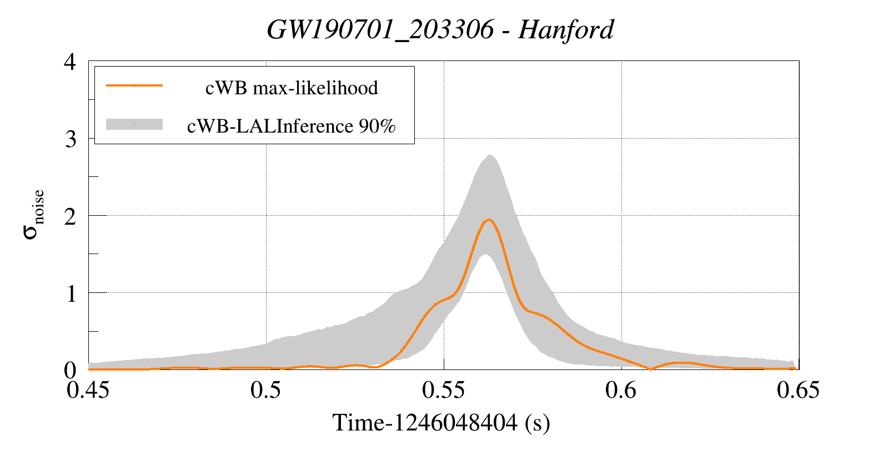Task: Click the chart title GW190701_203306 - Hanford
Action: coord(440,29)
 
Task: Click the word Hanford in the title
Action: coord(566,29)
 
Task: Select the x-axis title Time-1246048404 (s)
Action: coord(441,423)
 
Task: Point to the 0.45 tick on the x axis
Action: coord(88,390)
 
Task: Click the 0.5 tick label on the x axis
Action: coord(265,390)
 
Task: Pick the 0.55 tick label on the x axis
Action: coord(443,390)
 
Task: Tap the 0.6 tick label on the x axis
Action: coord(621,390)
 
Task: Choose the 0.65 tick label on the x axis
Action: coord(798,390)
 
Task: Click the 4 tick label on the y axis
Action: coord(70,62)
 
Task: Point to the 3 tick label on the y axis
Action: coord(70,139)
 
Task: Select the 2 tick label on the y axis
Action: coord(70,216)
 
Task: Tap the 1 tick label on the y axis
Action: coord(70,293)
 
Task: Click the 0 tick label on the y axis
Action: coord(70,370)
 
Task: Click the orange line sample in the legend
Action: coord(134,85)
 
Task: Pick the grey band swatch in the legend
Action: coord(134,124)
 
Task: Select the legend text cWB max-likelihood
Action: coord(292,88)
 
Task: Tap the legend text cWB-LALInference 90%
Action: coord(292,126)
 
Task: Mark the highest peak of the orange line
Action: coord(489,220)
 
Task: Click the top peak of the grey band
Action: coord(489,155)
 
